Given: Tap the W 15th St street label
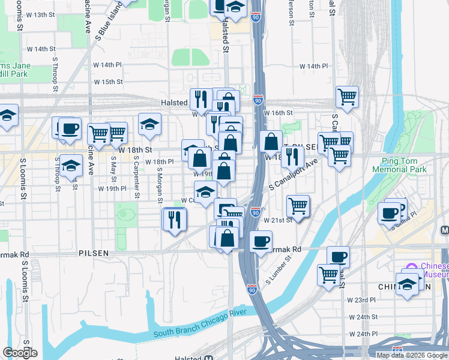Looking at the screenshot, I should point(108,82).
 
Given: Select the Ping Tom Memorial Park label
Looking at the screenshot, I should point(404,165).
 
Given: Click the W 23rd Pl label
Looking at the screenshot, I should point(362,299).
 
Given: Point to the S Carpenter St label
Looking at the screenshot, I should point(137,178).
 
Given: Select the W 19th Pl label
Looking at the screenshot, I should point(112,188).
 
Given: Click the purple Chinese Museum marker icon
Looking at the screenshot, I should point(411,267).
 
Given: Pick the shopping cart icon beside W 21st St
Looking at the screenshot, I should point(298,205).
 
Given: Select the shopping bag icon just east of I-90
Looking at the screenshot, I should point(271,142).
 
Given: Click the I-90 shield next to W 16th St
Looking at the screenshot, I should point(258,100).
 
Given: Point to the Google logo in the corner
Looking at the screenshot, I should point(20,353).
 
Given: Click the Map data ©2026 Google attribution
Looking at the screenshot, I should point(411,355).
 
